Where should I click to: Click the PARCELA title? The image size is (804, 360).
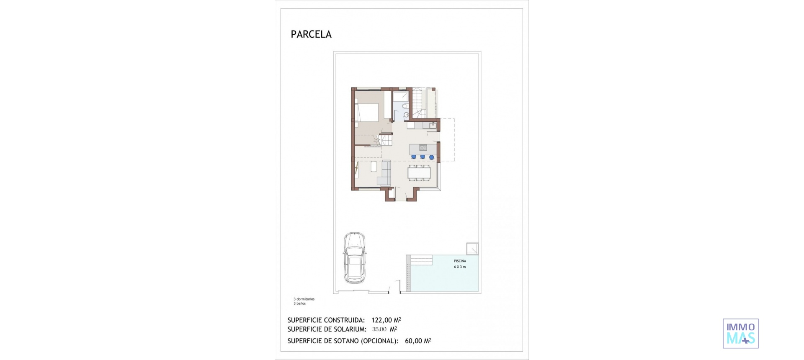pos(311,34)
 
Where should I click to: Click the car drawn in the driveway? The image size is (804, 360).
pos(354,258)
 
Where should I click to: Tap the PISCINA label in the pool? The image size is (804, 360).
pos(460,261)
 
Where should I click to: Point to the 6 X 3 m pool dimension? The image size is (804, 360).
pos(460,267)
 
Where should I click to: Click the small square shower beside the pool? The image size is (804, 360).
pos(472,249)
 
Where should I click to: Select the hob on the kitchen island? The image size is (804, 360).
pos(423,147)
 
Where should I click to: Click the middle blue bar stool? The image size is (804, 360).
pos(423,157)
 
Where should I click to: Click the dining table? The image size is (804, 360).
pos(419,172)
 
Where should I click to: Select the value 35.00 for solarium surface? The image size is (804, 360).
pos(379,329)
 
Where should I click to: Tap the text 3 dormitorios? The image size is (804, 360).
pos(304,299)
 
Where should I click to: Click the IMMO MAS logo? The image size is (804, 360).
pos(740,334)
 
